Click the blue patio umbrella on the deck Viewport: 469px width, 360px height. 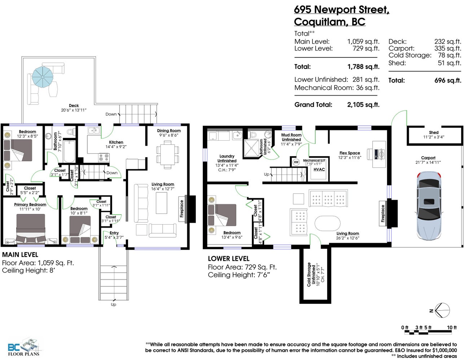click(43, 76)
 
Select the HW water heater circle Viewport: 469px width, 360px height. click(296, 162)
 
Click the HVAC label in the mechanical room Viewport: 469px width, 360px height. click(319, 170)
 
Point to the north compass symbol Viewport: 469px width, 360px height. click(441, 310)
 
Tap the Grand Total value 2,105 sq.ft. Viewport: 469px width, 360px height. click(363, 105)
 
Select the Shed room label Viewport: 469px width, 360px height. click(434, 133)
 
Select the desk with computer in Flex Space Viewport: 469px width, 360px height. click(377, 153)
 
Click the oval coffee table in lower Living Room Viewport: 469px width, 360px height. click(327, 223)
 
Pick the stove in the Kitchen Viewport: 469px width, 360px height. click(104, 158)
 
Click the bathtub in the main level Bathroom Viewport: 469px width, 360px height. click(69, 151)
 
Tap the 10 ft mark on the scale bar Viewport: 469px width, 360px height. click(452, 328)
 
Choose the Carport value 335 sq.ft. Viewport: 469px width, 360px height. click(447, 48)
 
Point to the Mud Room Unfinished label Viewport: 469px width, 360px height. click(291, 137)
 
